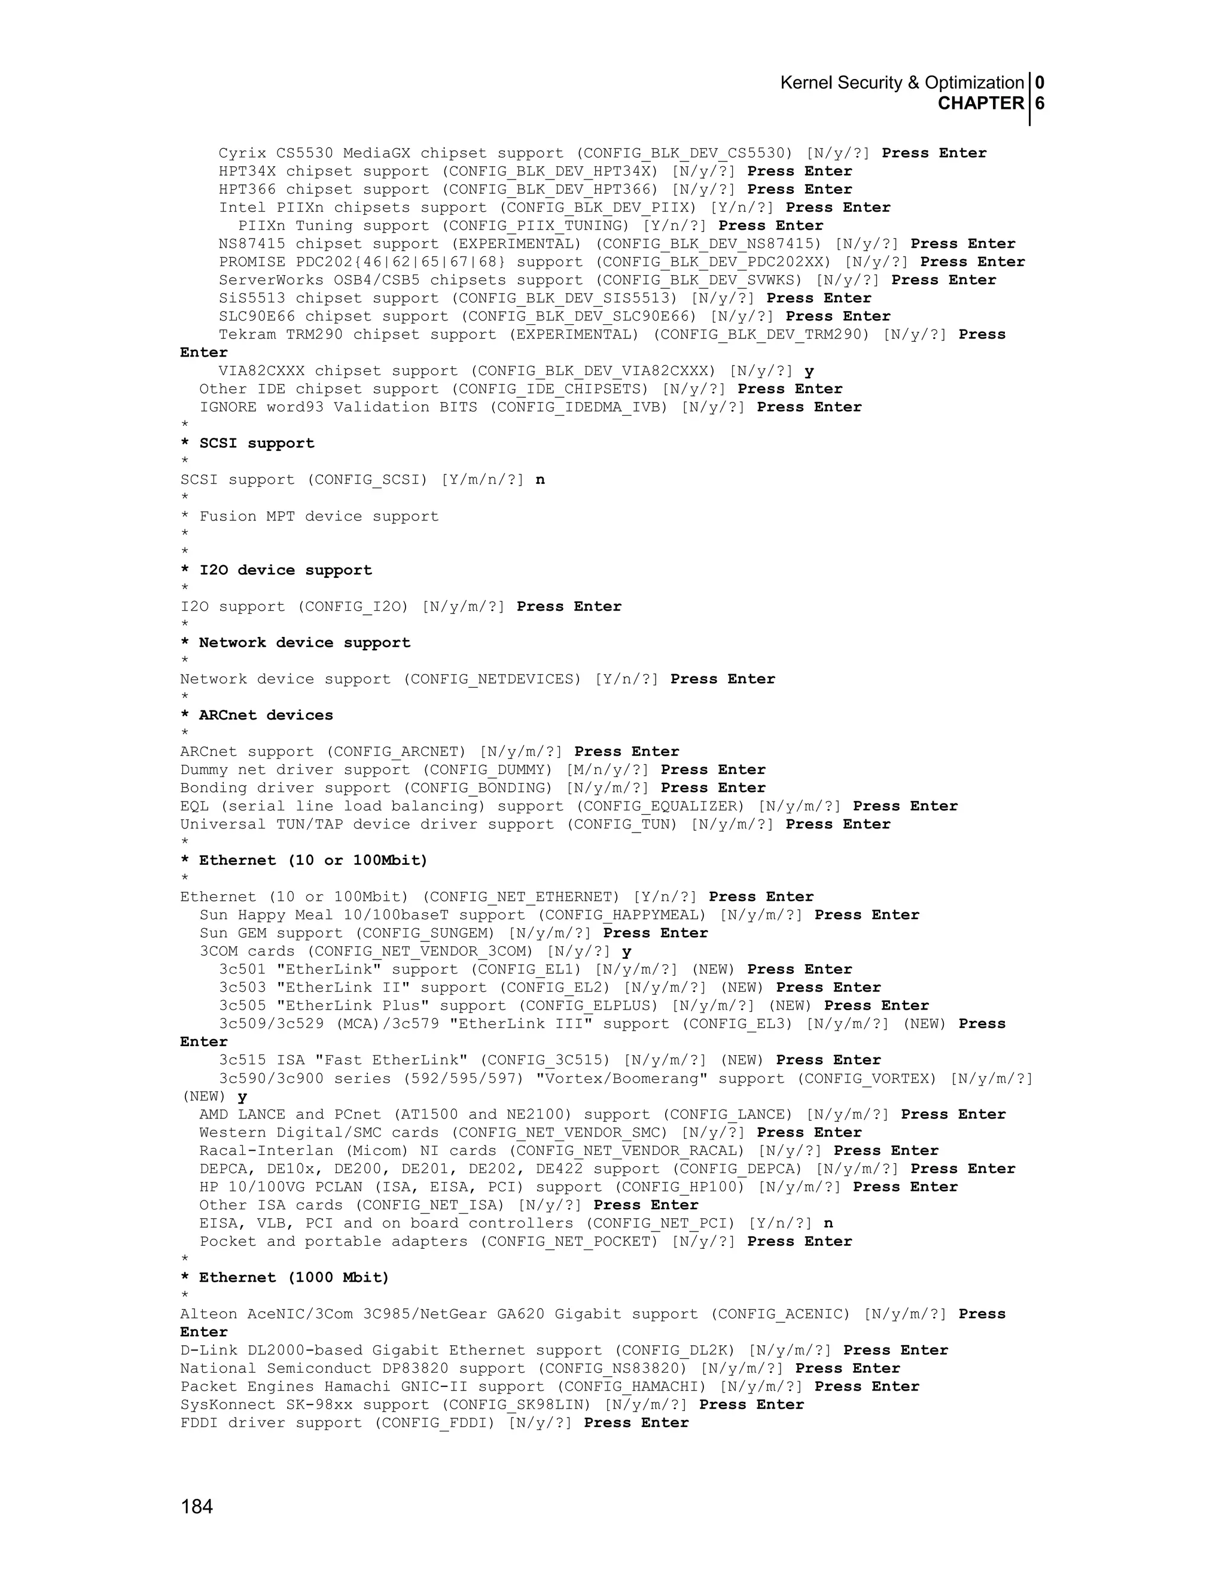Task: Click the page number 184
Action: pos(197,1507)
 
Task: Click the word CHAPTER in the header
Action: pos(980,104)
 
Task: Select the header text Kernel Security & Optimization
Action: pos(901,83)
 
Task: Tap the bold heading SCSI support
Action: pos(256,443)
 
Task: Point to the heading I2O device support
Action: pos(285,571)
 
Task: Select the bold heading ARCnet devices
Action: pos(266,715)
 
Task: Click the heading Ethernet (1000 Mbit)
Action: pos(294,1278)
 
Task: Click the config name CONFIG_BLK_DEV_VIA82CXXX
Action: pos(596,371)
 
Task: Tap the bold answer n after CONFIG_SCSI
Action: pos(540,480)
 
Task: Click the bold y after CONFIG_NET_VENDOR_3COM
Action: pos(626,952)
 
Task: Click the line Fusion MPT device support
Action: pos(319,516)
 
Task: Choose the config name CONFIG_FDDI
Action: pos(435,1422)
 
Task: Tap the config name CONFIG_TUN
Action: pos(622,824)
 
